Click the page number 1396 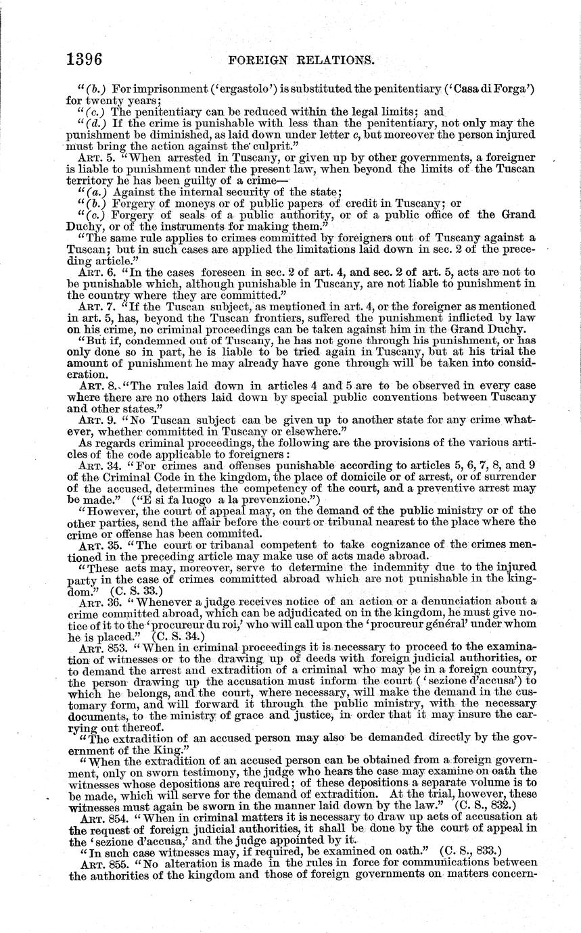[85, 59]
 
